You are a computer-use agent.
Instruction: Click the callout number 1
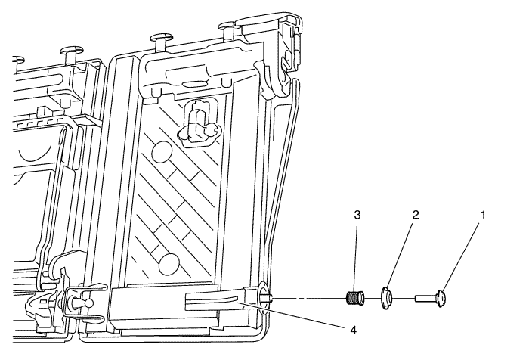click(x=483, y=215)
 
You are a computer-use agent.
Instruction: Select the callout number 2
click(x=416, y=215)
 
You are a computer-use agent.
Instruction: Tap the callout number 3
click(x=357, y=215)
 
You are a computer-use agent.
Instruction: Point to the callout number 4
click(x=353, y=330)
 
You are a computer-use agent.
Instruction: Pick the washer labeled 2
click(x=387, y=297)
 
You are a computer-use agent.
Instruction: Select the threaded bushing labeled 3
click(x=355, y=298)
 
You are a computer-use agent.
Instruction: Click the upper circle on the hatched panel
click(x=162, y=153)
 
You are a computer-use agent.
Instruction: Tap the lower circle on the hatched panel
click(x=169, y=264)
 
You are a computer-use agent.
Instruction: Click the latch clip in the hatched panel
click(x=200, y=123)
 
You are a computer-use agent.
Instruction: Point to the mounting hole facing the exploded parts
click(x=264, y=297)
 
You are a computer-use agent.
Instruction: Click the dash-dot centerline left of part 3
click(x=309, y=299)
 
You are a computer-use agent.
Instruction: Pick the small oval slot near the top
click(x=195, y=83)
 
